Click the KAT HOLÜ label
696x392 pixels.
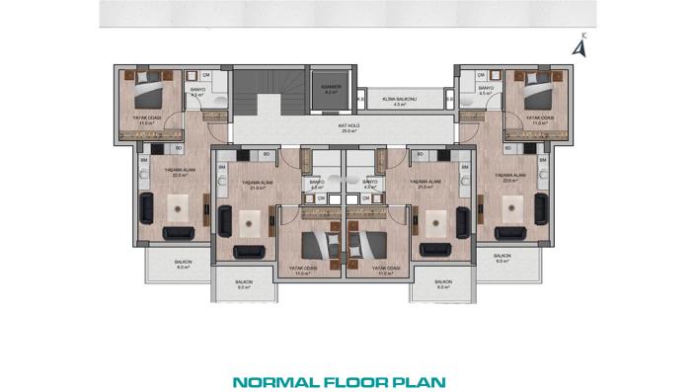348,127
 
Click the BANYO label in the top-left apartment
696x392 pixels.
195,90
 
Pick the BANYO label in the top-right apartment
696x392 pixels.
486,90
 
